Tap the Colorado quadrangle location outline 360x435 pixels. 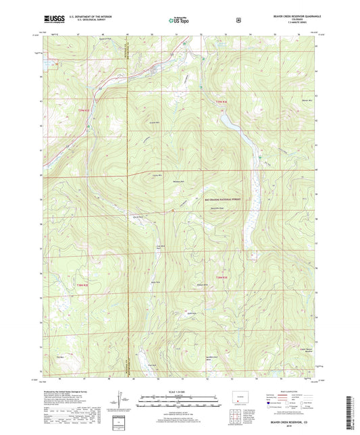(x=242, y=394)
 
